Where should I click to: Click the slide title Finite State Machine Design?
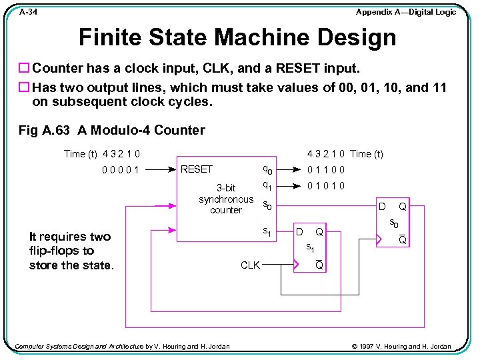pyautogui.click(x=237, y=37)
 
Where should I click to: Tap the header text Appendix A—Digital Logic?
pyautogui.click(x=405, y=12)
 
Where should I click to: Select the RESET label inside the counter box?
pyautogui.click(x=197, y=169)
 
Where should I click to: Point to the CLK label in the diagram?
pyautogui.click(x=250, y=265)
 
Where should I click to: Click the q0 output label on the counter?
pyautogui.click(x=267, y=170)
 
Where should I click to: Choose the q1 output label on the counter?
pyautogui.click(x=267, y=186)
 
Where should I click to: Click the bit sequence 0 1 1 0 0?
pyautogui.click(x=326, y=169)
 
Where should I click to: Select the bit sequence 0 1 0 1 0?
pyautogui.click(x=326, y=186)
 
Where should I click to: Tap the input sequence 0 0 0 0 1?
pyautogui.click(x=121, y=169)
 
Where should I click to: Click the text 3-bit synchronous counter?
pyautogui.click(x=226, y=199)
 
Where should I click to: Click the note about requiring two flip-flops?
pyautogui.click(x=71, y=251)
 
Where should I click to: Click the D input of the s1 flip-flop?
pyautogui.click(x=299, y=232)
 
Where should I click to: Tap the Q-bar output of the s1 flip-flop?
pyautogui.click(x=319, y=265)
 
